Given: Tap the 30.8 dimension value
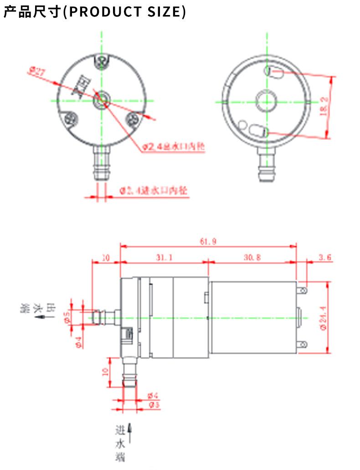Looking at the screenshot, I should pyautogui.click(x=252, y=257).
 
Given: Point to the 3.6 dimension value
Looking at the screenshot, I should pyautogui.click(x=325, y=257).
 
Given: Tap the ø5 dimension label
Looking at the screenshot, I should pyautogui.click(x=67, y=317).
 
